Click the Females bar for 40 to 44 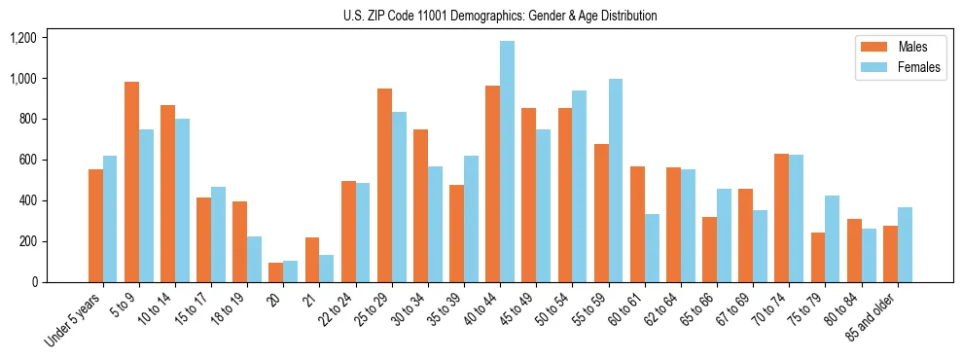click(507, 162)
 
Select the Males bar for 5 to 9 click(131, 182)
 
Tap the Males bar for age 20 click(276, 272)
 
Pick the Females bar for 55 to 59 click(616, 181)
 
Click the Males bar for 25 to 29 click(384, 185)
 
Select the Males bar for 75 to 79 click(818, 258)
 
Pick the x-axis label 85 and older click(872, 321)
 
